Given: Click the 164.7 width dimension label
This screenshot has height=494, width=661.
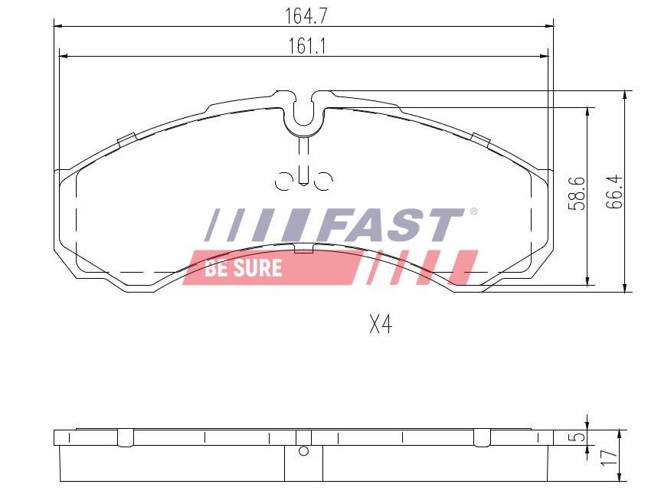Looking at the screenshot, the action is pyautogui.click(x=306, y=16).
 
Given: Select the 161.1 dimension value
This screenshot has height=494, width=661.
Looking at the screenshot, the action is pyautogui.click(x=307, y=46).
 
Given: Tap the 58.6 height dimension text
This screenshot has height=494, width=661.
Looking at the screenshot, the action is pyautogui.click(x=576, y=194).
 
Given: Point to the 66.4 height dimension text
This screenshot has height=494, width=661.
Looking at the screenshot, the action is pyautogui.click(x=614, y=191).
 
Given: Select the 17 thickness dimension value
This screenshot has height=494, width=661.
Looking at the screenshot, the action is pyautogui.click(x=609, y=457).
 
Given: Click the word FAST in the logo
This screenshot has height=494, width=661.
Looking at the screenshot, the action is pyautogui.click(x=391, y=225).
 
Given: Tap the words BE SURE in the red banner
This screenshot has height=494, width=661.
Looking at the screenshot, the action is pyautogui.click(x=244, y=268).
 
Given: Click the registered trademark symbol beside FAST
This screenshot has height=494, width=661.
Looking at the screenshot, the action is pyautogui.click(x=474, y=211).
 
